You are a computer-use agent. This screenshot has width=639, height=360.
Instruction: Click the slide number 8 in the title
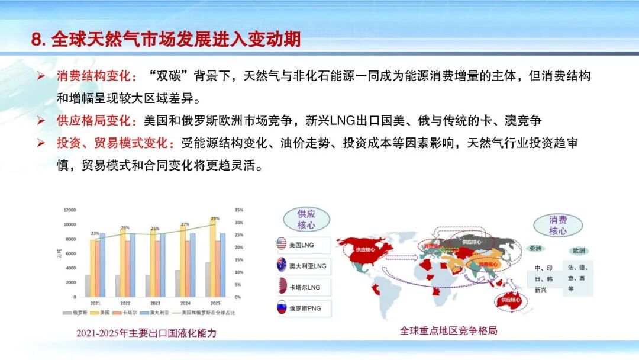pos(37,40)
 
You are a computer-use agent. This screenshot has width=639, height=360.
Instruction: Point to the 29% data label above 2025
pos(215,218)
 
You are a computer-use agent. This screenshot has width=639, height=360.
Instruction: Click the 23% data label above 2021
pos(95,234)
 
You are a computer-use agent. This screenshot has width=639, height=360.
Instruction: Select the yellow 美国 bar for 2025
pos(212,261)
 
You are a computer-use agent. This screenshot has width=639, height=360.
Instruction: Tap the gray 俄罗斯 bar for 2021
pos(88,285)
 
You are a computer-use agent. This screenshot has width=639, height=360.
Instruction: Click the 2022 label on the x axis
pos(125,302)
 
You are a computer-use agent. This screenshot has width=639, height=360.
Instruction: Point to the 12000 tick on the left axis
pos(70,210)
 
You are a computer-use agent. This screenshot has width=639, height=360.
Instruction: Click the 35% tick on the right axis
pos(239,210)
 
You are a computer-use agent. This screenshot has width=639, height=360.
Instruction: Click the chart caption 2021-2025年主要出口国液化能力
pos(146,333)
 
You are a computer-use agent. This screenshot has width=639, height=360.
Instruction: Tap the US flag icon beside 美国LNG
pos(282,243)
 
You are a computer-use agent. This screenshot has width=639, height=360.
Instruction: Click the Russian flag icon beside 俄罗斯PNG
pos(282,308)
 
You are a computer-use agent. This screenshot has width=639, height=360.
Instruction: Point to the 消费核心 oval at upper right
pos(557,225)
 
